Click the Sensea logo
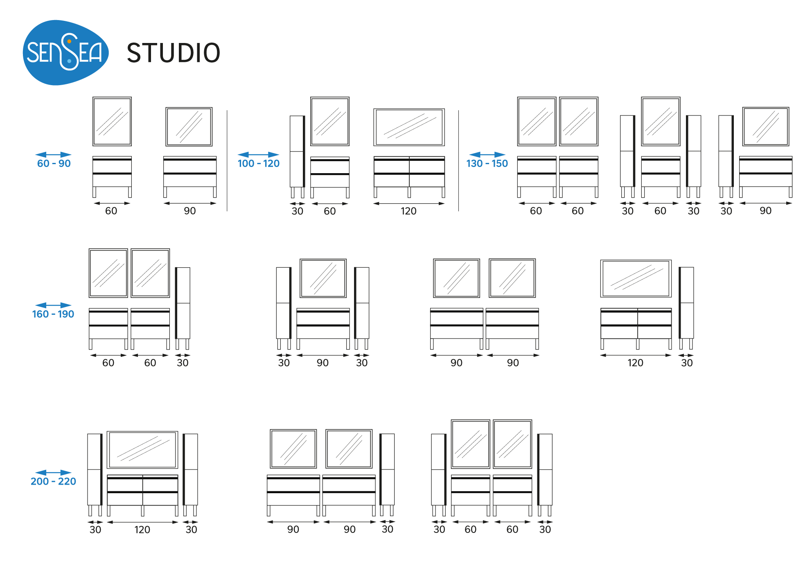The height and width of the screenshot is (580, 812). tap(65, 52)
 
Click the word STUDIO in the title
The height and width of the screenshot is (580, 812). tap(174, 53)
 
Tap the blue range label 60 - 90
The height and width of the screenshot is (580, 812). tap(54, 164)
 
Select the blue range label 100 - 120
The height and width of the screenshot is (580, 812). tap(259, 164)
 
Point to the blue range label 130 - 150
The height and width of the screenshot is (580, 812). tap(487, 164)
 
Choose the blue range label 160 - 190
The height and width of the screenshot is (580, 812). tap(53, 314)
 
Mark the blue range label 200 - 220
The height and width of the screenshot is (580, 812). tap(53, 481)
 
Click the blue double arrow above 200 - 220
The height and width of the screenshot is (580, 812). tap(53, 472)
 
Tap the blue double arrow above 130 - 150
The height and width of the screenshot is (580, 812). tap(487, 154)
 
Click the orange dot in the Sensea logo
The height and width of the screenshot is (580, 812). tap(69, 41)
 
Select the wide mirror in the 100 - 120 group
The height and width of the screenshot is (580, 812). tap(409, 127)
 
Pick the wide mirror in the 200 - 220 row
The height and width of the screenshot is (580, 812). tap(142, 450)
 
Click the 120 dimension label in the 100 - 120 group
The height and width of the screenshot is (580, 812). tap(408, 211)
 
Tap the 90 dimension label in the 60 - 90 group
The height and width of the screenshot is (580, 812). tap(190, 211)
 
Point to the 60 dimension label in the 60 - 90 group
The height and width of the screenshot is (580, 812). tap(111, 211)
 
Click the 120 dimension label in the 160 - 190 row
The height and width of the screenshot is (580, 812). tap(635, 363)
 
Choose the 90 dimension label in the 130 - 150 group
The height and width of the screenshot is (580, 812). tap(765, 211)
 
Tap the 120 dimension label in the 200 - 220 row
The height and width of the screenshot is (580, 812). tap(142, 530)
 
